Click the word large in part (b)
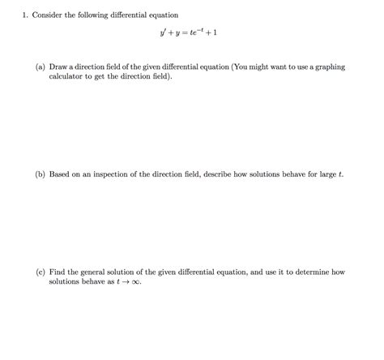[322, 174]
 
